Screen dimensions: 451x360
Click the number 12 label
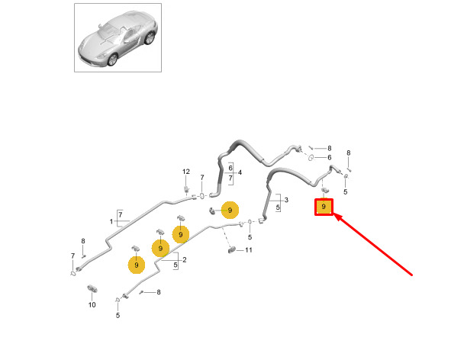pos(186,172)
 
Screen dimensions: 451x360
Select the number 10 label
pos(92,305)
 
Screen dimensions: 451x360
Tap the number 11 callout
pos(249,250)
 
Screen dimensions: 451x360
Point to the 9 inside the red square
pos(324,207)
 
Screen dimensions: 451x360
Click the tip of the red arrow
pos(334,214)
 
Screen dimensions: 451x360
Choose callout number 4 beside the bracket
pos(240,172)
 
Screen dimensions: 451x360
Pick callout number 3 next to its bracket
pos(286,200)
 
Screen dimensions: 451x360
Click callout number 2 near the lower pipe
pos(185,260)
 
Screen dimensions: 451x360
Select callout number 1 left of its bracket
pos(111,221)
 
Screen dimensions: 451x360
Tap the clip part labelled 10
pos(92,289)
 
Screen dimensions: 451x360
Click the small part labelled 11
pos(232,250)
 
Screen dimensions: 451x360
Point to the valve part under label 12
pos(186,190)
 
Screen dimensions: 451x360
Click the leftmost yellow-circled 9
pos(137,265)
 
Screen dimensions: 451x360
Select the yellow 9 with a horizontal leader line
pos(230,210)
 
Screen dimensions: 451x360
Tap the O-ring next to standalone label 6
pos(311,157)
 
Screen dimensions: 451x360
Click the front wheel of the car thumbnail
pos(112,59)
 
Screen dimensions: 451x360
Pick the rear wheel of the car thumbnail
pos(150,38)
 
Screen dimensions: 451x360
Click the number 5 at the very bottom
pos(118,316)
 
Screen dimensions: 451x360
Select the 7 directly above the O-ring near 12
pos(202,178)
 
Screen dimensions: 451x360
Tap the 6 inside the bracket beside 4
pos(230,168)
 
